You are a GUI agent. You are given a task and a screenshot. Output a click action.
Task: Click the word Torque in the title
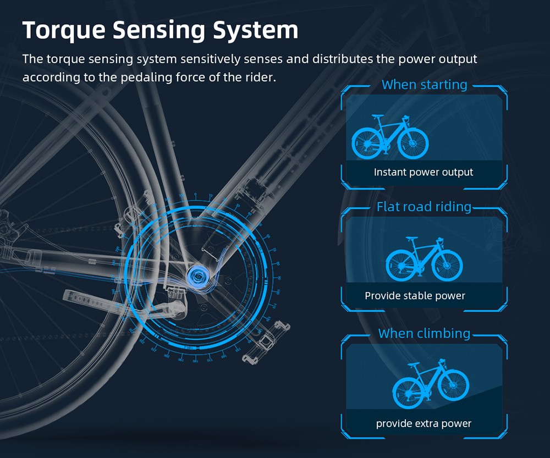[64, 30]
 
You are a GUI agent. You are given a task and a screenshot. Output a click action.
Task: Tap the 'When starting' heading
[424, 85]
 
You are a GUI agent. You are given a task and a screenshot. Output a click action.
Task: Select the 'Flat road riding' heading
[424, 207]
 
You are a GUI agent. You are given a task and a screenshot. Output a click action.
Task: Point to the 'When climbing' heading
[424, 333]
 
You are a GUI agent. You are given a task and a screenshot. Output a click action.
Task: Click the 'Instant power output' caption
[424, 172]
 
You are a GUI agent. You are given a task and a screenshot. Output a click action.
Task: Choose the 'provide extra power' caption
[424, 423]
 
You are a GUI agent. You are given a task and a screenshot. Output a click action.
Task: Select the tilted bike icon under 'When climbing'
[430, 384]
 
